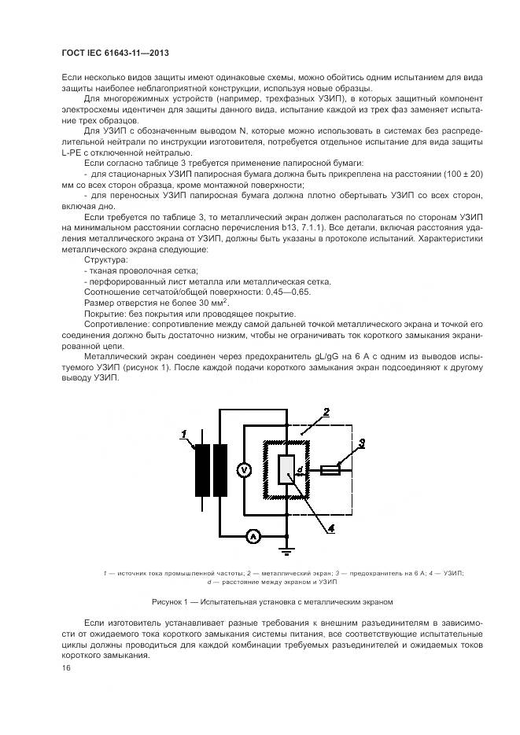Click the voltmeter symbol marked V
[x=243, y=469]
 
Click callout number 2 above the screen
[x=326, y=412]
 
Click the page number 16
[x=65, y=667]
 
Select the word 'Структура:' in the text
[x=104, y=258]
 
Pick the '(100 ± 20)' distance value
[x=459, y=173]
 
